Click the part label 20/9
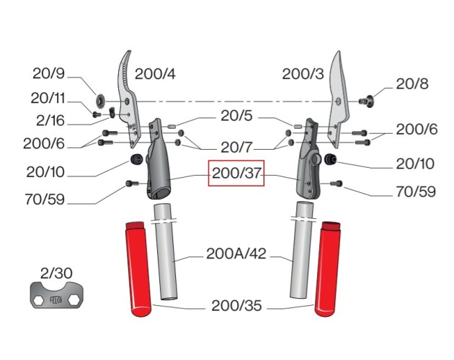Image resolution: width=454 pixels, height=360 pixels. coord(48,73)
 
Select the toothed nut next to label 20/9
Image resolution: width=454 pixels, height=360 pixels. coord(100,101)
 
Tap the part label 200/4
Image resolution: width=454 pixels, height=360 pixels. coord(155,74)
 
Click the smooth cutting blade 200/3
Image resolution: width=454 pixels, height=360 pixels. coord(339,99)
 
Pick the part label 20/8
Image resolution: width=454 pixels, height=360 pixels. coord(411,84)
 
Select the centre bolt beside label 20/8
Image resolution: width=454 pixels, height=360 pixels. coord(366,101)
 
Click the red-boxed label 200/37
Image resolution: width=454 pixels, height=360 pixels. coord(236,173)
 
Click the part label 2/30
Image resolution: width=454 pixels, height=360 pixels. coord(56,273)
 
